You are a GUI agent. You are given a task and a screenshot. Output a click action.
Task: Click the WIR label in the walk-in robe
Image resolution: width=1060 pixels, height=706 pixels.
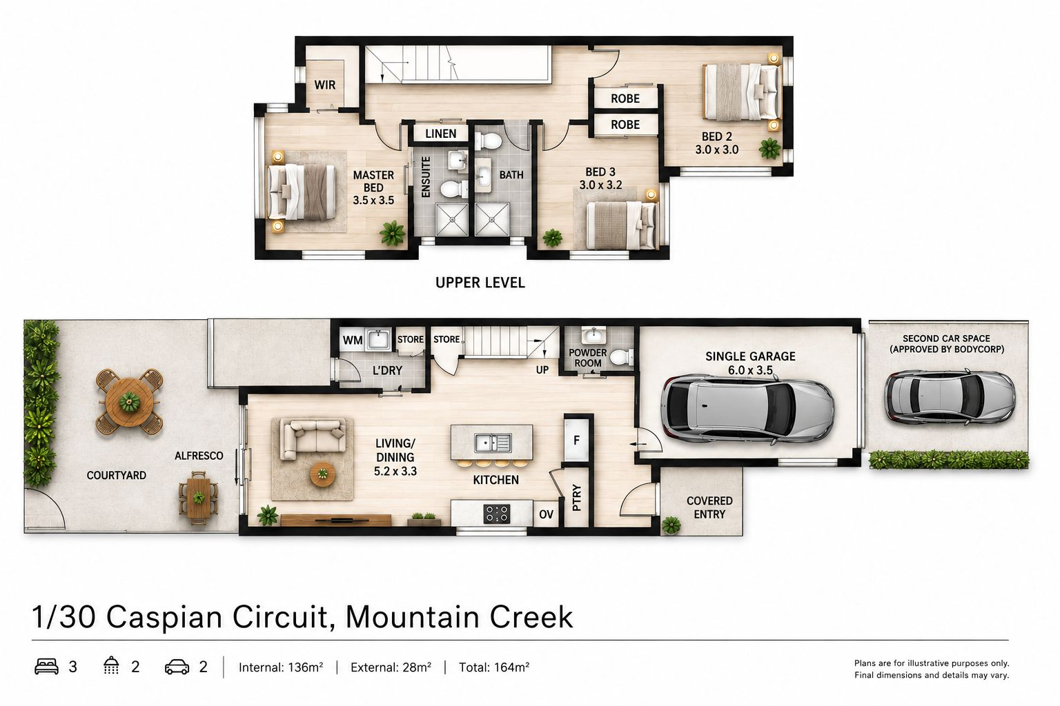click(324, 85)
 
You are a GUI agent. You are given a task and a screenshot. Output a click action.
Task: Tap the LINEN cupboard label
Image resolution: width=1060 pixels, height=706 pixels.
click(440, 134)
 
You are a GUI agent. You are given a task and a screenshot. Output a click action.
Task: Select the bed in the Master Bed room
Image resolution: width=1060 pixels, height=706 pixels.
click(302, 192)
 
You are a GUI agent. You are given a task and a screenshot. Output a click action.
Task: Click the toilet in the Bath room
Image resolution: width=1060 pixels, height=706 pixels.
click(488, 141)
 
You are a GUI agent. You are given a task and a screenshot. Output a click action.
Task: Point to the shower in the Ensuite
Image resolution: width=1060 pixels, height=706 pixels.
click(452, 219)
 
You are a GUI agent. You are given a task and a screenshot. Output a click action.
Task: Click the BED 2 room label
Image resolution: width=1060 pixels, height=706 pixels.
click(716, 137)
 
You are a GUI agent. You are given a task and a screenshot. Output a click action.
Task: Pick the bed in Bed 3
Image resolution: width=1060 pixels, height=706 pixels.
click(622, 225)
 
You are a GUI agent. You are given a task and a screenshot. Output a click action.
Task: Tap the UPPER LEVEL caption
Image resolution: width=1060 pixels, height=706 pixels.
click(480, 283)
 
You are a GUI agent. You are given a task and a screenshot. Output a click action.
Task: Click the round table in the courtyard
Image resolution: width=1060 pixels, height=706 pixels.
click(129, 402)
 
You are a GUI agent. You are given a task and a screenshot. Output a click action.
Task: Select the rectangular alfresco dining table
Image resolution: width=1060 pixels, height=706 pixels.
click(199, 498)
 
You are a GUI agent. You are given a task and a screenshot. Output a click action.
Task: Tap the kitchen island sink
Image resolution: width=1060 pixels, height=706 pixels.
click(493, 443)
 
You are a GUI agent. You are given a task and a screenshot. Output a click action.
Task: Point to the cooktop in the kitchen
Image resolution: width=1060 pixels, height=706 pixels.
click(496, 514)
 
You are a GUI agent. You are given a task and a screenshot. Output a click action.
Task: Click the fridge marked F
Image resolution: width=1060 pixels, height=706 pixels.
click(576, 441)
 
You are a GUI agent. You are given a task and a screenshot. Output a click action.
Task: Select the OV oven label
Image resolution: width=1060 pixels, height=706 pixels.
click(546, 514)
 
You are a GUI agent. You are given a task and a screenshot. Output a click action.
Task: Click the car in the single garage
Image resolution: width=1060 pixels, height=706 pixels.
click(747, 410)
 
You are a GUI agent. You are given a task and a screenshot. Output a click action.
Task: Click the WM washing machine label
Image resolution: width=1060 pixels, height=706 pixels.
click(353, 341)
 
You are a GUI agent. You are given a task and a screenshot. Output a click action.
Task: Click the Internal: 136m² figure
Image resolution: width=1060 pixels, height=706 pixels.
click(281, 667)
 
